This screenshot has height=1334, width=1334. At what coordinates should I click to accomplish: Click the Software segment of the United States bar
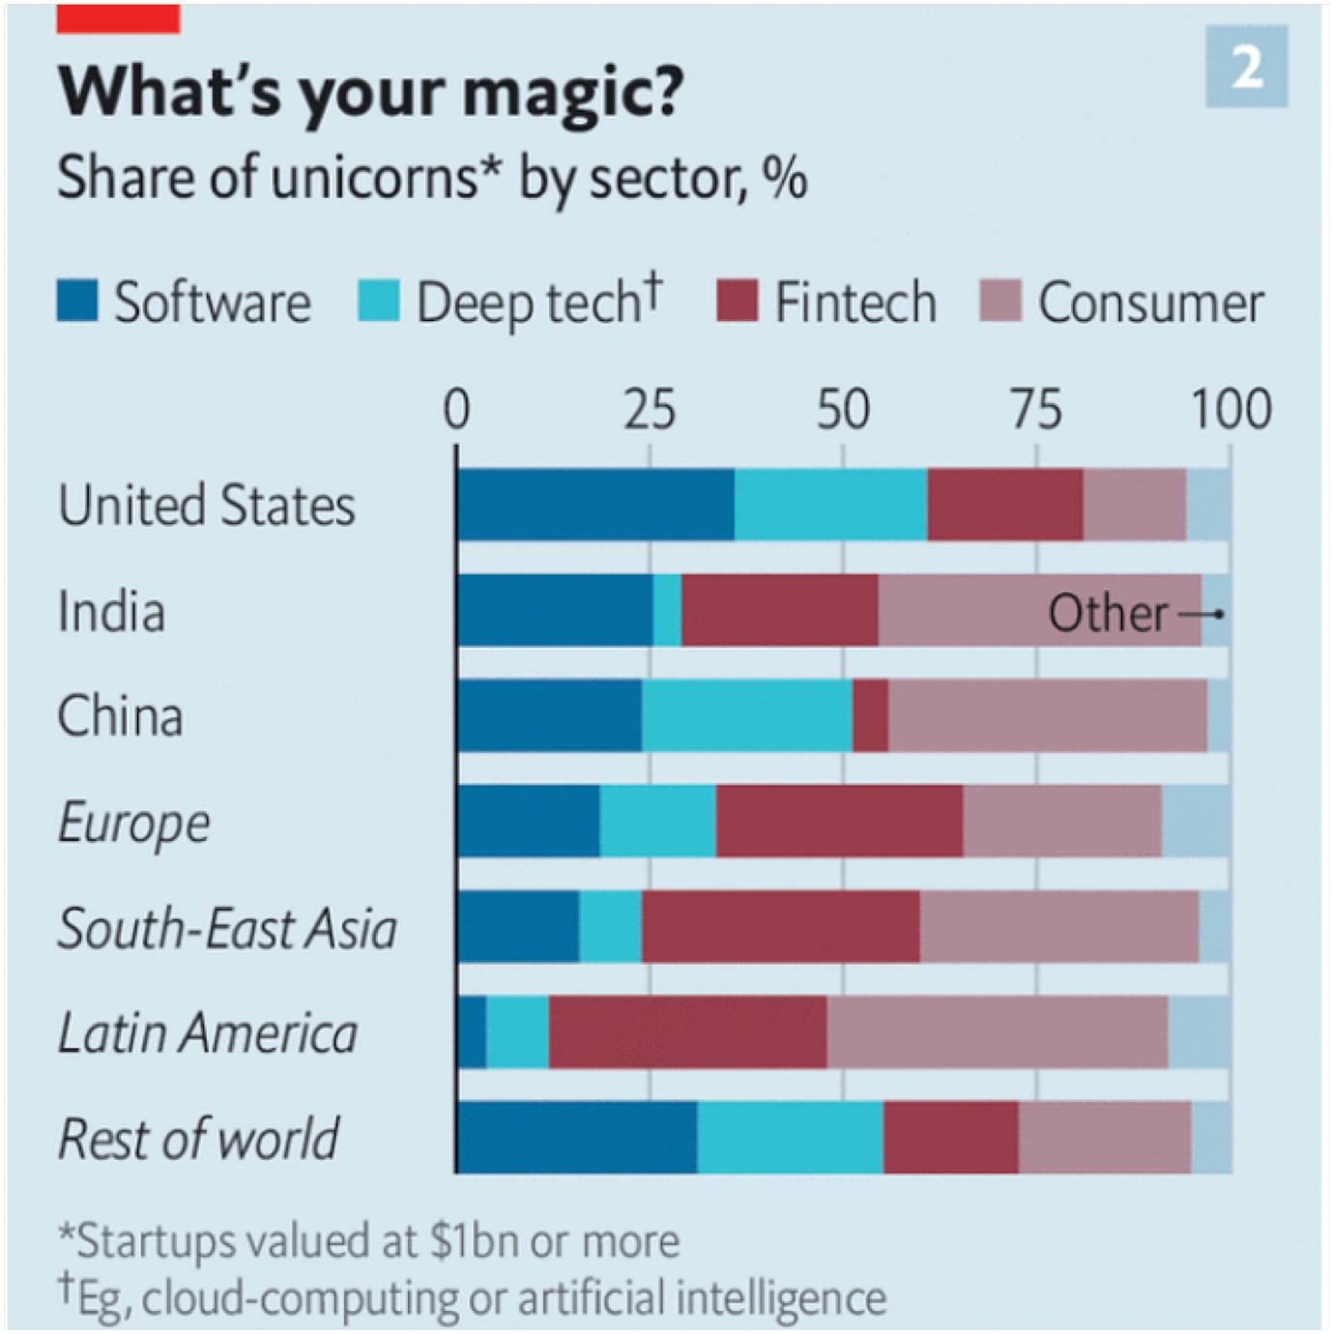[x=595, y=505]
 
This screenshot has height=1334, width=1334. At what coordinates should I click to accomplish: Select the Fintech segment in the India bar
[x=779, y=610]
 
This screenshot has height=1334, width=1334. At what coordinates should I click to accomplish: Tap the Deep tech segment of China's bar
[x=747, y=715]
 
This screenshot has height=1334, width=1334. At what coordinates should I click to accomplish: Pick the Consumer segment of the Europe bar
[x=1061, y=821]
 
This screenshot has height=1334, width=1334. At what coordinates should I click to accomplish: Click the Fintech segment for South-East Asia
[x=780, y=926]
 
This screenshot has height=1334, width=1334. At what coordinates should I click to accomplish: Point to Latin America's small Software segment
[x=473, y=1032]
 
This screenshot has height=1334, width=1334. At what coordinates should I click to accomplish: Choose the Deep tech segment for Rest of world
[x=790, y=1138]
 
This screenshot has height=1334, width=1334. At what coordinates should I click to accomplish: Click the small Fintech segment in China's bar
[x=870, y=715]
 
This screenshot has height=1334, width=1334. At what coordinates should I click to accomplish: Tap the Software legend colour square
[x=77, y=301]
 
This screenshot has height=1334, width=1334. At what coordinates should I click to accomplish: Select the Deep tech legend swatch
[x=378, y=301]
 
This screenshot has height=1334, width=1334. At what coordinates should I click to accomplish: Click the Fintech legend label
[x=855, y=303]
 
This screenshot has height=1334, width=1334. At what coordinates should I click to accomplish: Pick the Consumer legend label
[x=1150, y=303]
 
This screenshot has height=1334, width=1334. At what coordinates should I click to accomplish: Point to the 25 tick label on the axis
[x=650, y=409]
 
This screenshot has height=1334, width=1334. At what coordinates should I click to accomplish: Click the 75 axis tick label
[x=1036, y=409]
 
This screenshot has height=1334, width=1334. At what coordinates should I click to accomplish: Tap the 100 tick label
[x=1230, y=409]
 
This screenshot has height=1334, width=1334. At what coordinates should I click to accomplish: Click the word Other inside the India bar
[x=1108, y=613]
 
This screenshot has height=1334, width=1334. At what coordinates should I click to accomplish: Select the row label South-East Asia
[x=227, y=928]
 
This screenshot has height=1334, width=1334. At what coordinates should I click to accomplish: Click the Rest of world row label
[x=198, y=1139]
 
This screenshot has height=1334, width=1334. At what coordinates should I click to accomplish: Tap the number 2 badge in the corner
[x=1246, y=67]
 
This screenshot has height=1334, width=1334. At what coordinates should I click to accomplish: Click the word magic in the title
[x=572, y=92]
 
